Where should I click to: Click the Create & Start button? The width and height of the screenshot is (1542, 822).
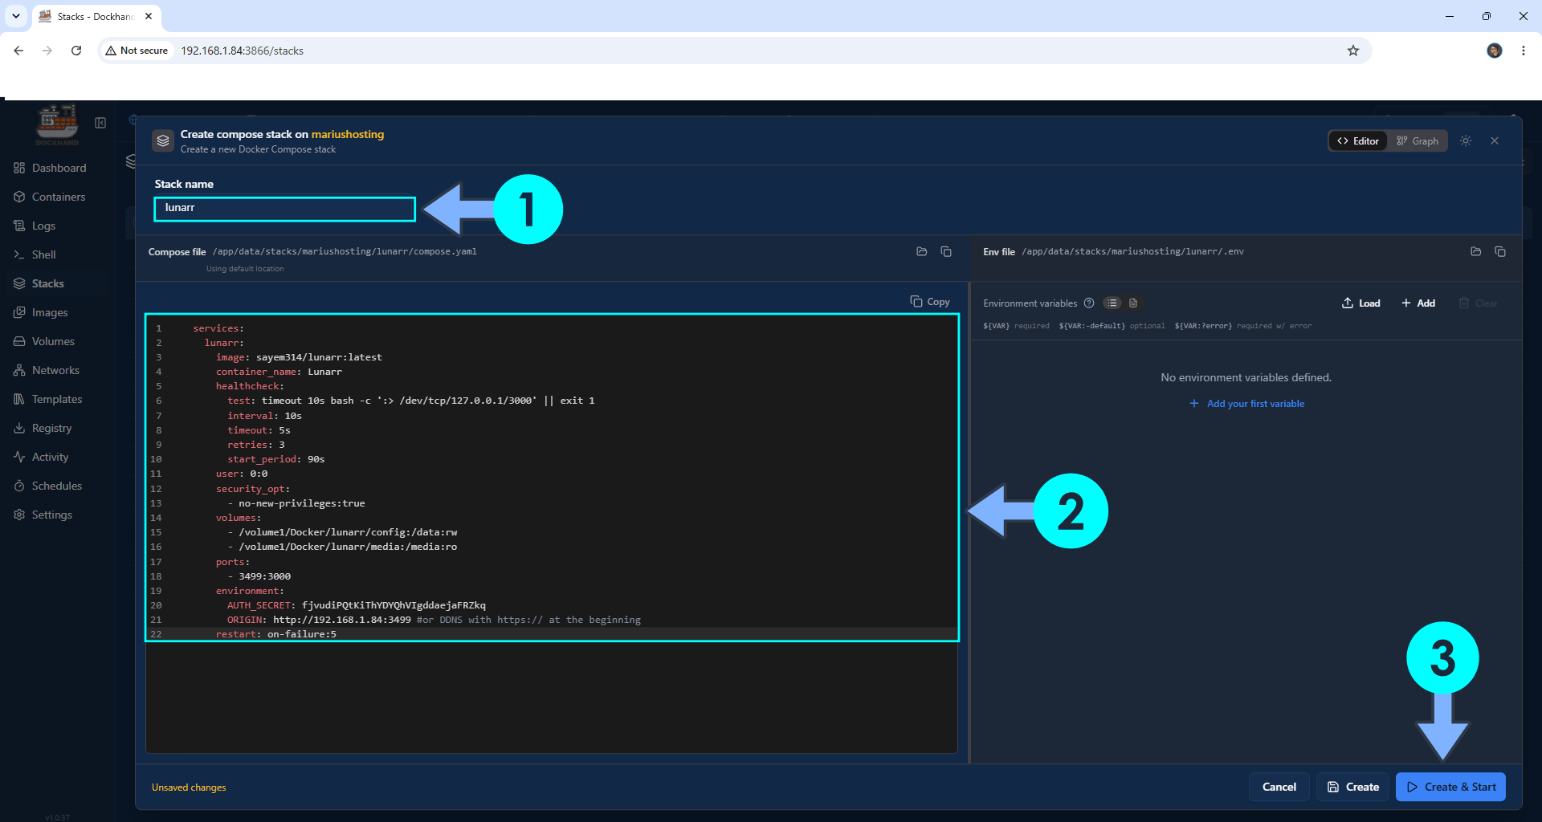tap(1450, 787)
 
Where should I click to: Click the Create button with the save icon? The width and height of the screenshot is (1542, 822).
tap(1353, 787)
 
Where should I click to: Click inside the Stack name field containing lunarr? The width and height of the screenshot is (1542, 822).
tap(284, 209)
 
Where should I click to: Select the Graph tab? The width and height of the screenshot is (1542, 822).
tap(1418, 141)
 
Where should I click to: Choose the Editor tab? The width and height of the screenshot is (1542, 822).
tap(1358, 141)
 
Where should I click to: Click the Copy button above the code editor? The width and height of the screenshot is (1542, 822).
tap(930, 302)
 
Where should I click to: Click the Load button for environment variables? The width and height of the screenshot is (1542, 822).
tap(1361, 303)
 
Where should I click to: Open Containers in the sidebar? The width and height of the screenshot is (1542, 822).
tap(59, 197)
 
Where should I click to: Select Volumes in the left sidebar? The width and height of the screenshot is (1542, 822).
tap(53, 341)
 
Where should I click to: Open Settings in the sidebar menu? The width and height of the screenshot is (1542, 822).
tap(51, 515)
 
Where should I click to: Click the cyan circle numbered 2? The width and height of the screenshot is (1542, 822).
tap(1071, 511)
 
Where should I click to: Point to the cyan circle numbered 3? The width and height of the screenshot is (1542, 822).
tap(1442, 658)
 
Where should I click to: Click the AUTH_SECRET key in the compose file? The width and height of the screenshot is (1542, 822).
tap(260, 605)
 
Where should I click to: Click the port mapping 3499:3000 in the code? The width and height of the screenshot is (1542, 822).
tap(264, 576)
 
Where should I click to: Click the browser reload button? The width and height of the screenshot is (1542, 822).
tap(76, 51)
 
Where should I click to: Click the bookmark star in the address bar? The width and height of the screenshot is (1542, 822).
tap(1353, 51)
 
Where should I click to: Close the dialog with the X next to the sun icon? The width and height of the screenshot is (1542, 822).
tap(1495, 141)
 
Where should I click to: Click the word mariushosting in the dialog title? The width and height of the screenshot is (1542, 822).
tap(348, 134)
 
